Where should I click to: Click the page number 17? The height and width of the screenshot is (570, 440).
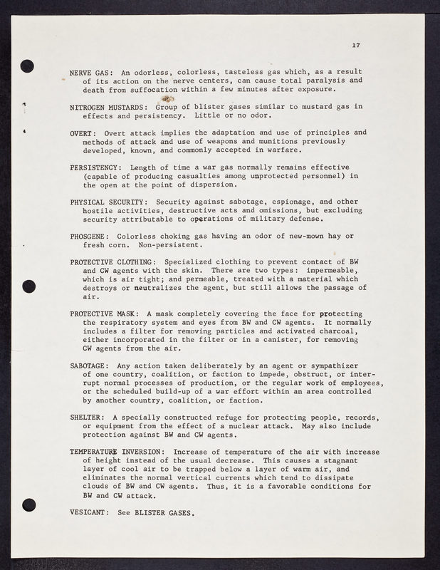[356, 46]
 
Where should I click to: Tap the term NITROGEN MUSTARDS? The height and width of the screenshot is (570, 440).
[108, 107]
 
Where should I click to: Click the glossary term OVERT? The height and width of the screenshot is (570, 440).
[83, 133]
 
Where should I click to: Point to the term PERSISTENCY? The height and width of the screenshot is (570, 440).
[95, 167]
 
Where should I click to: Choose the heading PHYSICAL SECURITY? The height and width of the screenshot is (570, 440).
[108, 202]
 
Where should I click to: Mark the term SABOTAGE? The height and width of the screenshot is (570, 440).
[88, 366]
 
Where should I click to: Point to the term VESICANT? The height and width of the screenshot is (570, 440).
[88, 512]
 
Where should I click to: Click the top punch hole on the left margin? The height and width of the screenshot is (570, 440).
[28, 66]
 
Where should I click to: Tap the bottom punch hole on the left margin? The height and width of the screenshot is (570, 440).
[28, 504]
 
